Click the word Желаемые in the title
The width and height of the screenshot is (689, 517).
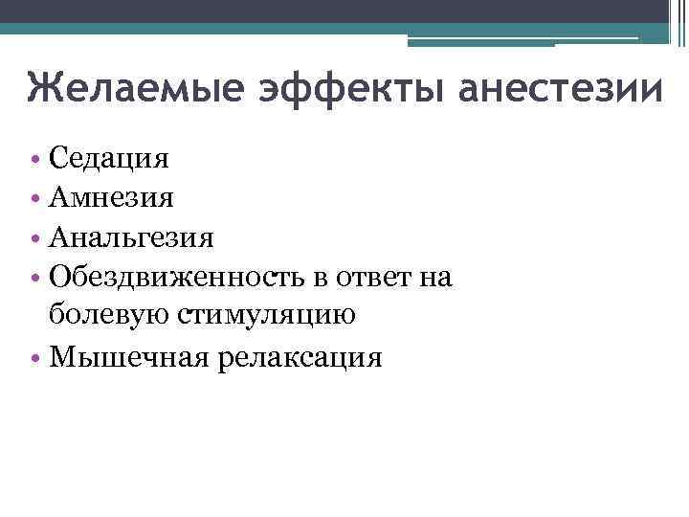(135, 86)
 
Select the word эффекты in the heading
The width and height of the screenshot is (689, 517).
(351, 89)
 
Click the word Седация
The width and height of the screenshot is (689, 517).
(108, 158)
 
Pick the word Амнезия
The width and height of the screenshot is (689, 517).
(111, 197)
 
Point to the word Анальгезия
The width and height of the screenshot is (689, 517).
(131, 237)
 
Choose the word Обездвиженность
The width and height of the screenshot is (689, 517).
(176, 277)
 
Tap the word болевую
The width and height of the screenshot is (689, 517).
(108, 314)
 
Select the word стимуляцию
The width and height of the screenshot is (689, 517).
(266, 315)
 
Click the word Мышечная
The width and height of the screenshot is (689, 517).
(129, 356)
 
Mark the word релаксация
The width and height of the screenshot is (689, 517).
(300, 359)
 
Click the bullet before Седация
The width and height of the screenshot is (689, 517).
(35, 159)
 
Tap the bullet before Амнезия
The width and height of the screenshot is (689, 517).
(35, 198)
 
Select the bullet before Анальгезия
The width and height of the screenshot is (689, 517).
(35, 238)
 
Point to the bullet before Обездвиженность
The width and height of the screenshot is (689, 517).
(35, 278)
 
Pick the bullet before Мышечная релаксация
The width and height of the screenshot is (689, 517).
(35, 358)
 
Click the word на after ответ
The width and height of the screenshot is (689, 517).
(435, 279)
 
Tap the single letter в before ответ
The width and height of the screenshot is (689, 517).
(321, 279)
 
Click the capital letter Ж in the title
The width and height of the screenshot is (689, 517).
(43, 87)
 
